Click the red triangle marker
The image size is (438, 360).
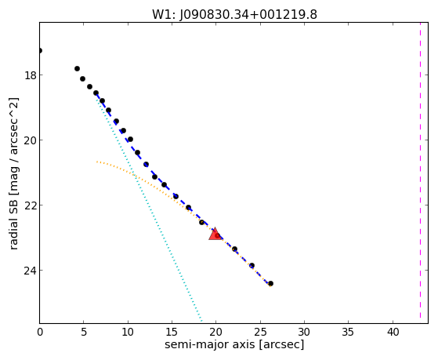pyautogui.click(x=215, y=235)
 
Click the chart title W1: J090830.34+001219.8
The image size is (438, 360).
pyautogui.click(x=234, y=15)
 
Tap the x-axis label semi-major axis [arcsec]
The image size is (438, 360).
pyautogui.click(x=234, y=344)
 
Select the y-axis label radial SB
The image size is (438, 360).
pyautogui.click(x=13, y=223)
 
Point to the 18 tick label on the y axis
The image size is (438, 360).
pyautogui.click(x=30, y=75)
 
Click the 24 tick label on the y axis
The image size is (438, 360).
pyautogui.click(x=30, y=271)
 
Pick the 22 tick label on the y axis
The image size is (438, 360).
pyautogui.click(x=30, y=205)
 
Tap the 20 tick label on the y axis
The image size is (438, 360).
pyautogui.click(x=30, y=140)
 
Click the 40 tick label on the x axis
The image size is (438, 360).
pyautogui.click(x=393, y=333)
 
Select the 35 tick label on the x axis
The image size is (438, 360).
pyautogui.click(x=349, y=333)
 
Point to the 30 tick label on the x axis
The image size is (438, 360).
pyautogui.click(x=304, y=333)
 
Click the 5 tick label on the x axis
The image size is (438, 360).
pyautogui.click(x=84, y=333)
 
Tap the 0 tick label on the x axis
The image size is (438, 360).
pyautogui.click(x=40, y=333)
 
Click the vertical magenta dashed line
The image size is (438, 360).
pyautogui.click(x=420, y=173)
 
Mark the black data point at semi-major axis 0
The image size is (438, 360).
pyautogui.click(x=40, y=51)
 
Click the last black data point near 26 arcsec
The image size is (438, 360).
pyautogui.click(x=270, y=283)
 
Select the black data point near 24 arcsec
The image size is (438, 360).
pyautogui.click(x=252, y=265)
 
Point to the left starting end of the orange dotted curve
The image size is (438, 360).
pyautogui.click(x=97, y=162)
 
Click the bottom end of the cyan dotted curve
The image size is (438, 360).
pyautogui.click(x=201, y=321)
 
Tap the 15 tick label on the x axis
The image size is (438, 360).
pyautogui.click(x=172, y=333)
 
